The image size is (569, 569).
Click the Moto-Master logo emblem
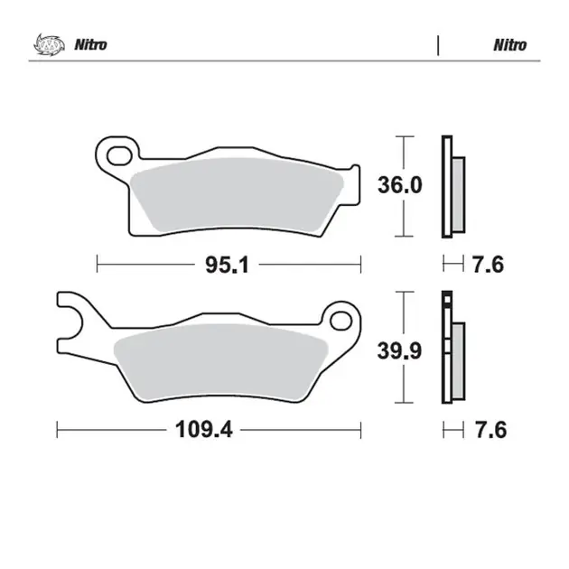(50, 44)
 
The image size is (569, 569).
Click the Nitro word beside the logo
(90, 45)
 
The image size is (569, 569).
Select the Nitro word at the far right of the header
(510, 45)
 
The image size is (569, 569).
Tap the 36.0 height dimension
(400, 185)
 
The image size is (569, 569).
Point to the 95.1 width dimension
(228, 265)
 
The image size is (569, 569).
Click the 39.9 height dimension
(399, 351)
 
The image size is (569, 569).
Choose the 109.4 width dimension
(203, 430)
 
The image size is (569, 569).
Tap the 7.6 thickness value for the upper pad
(488, 264)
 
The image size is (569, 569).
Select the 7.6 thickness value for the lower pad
(490, 430)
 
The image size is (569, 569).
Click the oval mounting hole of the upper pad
(119, 155)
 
